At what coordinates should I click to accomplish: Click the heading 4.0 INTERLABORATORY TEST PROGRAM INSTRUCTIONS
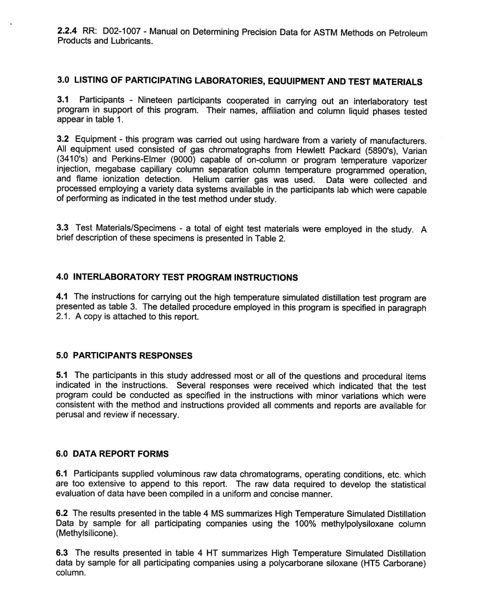point(177,277)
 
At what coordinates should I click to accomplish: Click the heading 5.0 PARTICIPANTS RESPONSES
point(124,356)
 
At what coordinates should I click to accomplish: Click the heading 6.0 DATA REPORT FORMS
point(112,453)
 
